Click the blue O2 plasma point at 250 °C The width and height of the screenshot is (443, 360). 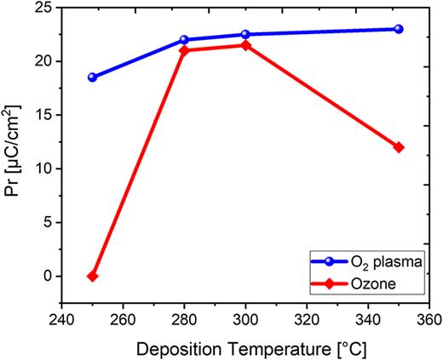[x=93, y=77]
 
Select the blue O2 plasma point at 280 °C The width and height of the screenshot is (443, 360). [x=184, y=40]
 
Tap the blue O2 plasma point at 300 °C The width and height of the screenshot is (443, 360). [x=245, y=35]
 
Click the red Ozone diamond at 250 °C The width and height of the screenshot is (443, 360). [x=93, y=277]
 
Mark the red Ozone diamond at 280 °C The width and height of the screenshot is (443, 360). [x=184, y=50]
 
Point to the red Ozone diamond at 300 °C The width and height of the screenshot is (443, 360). [x=245, y=45]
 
